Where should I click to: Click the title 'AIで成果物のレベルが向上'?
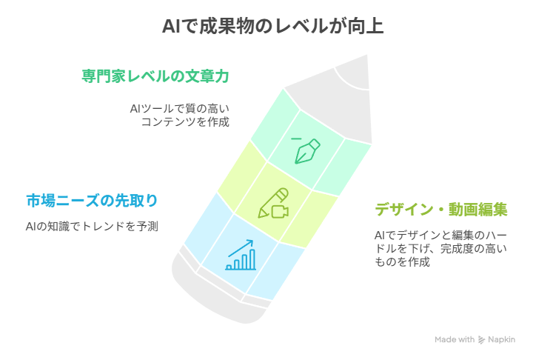point(273,26)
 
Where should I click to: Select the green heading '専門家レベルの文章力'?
point(155,76)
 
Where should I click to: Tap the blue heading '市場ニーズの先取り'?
point(92,201)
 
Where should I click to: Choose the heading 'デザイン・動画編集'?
point(441,210)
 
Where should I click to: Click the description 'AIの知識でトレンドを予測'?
point(92,226)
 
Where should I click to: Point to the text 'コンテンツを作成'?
point(185,121)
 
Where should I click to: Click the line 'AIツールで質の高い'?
point(179,109)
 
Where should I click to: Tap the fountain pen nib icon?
point(307,151)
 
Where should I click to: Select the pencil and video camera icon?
point(273,203)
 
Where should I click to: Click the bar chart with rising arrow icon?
point(241,255)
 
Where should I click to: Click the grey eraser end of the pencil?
point(218,289)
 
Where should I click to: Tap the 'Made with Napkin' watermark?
point(475,339)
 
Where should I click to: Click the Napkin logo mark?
point(481,339)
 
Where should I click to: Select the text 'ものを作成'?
point(402,261)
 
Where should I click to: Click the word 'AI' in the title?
point(171,27)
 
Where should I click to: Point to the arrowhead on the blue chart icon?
point(250,243)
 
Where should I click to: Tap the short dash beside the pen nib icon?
point(296,139)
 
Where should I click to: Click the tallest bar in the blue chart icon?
point(252,259)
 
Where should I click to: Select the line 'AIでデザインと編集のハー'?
point(441,235)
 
